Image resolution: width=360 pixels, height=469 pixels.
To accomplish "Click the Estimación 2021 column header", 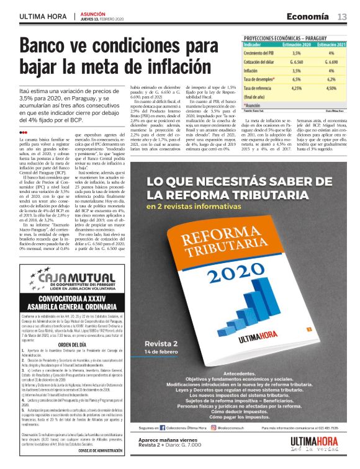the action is pyautogui.click(x=330, y=45).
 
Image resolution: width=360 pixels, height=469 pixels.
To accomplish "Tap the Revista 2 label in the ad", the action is pyautogui.click(x=161, y=344).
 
